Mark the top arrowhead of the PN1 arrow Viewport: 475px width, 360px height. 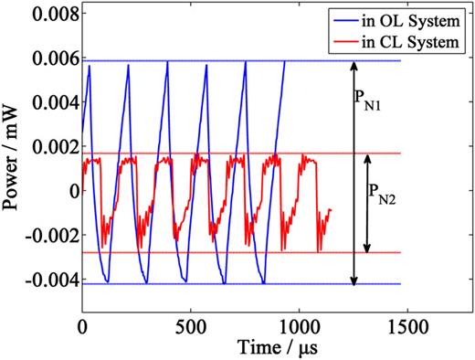point(354,66)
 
